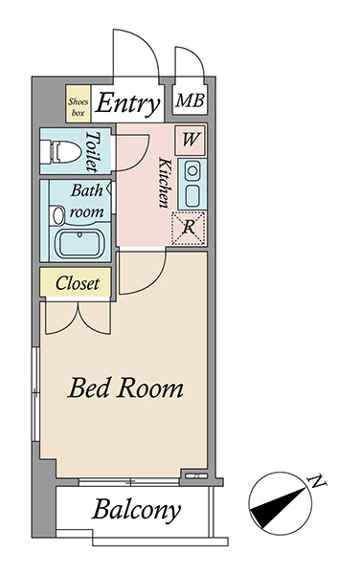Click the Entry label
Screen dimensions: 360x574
[x=127, y=103]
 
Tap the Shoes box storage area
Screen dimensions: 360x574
[x=78, y=103]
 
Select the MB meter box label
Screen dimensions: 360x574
[x=190, y=100]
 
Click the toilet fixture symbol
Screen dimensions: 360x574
[x=60, y=151]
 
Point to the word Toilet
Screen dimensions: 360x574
[x=92, y=151]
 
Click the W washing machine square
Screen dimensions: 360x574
[x=191, y=140]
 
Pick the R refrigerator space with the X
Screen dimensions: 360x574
[x=189, y=228]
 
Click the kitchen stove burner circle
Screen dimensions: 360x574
[x=191, y=170]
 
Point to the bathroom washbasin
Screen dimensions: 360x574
[x=58, y=215]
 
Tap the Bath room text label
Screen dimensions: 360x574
[x=86, y=201]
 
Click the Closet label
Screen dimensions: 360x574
[x=78, y=283]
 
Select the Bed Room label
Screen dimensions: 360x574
[x=125, y=387]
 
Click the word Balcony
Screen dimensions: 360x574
[x=137, y=510]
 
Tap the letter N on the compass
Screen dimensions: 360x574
[x=318, y=481]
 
